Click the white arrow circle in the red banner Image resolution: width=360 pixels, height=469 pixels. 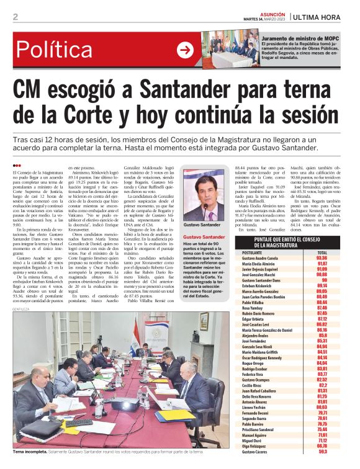point(185,50)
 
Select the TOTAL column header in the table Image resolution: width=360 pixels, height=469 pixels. point(322,253)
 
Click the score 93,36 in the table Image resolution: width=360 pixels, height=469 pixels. point(322,259)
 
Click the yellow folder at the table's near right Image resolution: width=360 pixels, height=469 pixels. point(176,414)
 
